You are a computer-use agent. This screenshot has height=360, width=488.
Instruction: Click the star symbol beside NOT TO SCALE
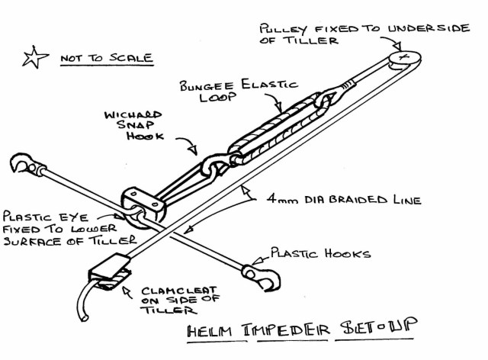pos(34,58)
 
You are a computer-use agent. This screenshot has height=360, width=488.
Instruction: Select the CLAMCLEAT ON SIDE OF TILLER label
pos(172,300)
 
